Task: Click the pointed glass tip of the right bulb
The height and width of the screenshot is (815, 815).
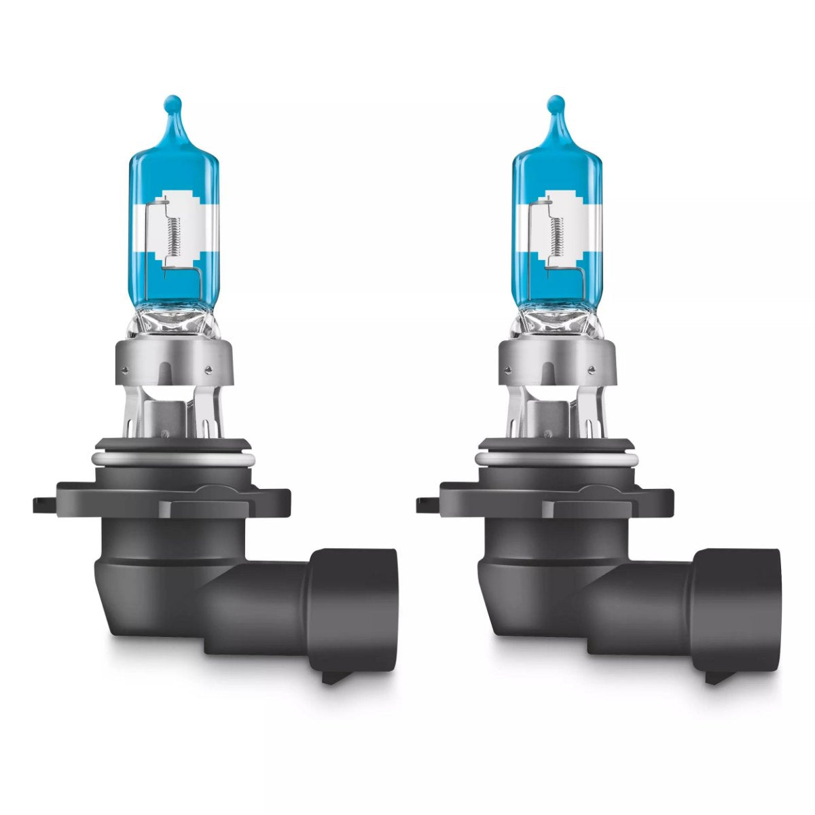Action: coord(556,106)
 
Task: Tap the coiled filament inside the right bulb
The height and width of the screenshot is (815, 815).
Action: coord(556,228)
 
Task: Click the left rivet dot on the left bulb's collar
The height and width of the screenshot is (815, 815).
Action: coord(125,371)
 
